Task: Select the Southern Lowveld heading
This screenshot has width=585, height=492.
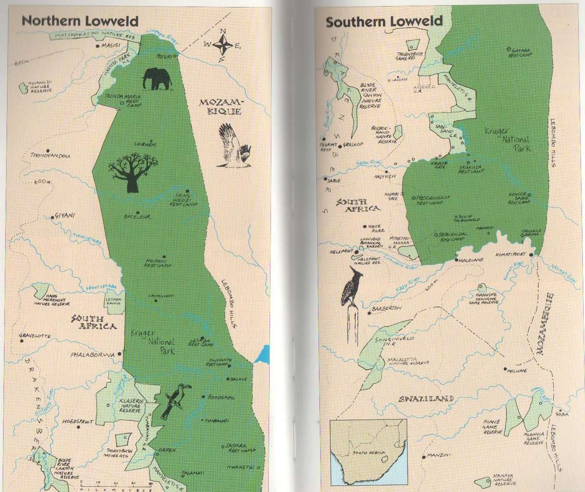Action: tap(384, 22)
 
